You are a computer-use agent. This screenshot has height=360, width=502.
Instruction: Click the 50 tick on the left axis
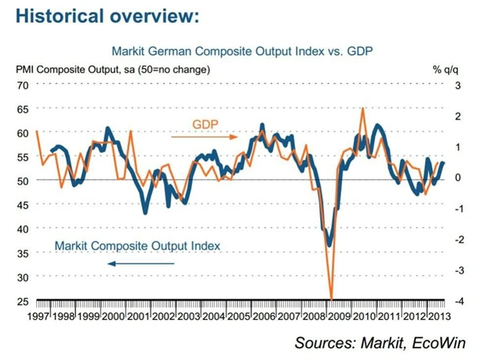point(22,180)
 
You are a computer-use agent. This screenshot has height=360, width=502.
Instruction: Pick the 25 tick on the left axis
point(22,301)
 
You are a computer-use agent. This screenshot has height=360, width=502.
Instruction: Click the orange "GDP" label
point(206,123)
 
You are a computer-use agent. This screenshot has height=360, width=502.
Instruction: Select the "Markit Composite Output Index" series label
point(137,245)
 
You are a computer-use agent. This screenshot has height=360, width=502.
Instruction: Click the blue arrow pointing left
point(141,264)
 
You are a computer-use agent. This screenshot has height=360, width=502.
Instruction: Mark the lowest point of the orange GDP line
point(331,299)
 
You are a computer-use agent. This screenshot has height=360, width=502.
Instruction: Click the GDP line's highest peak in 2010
point(362,108)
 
